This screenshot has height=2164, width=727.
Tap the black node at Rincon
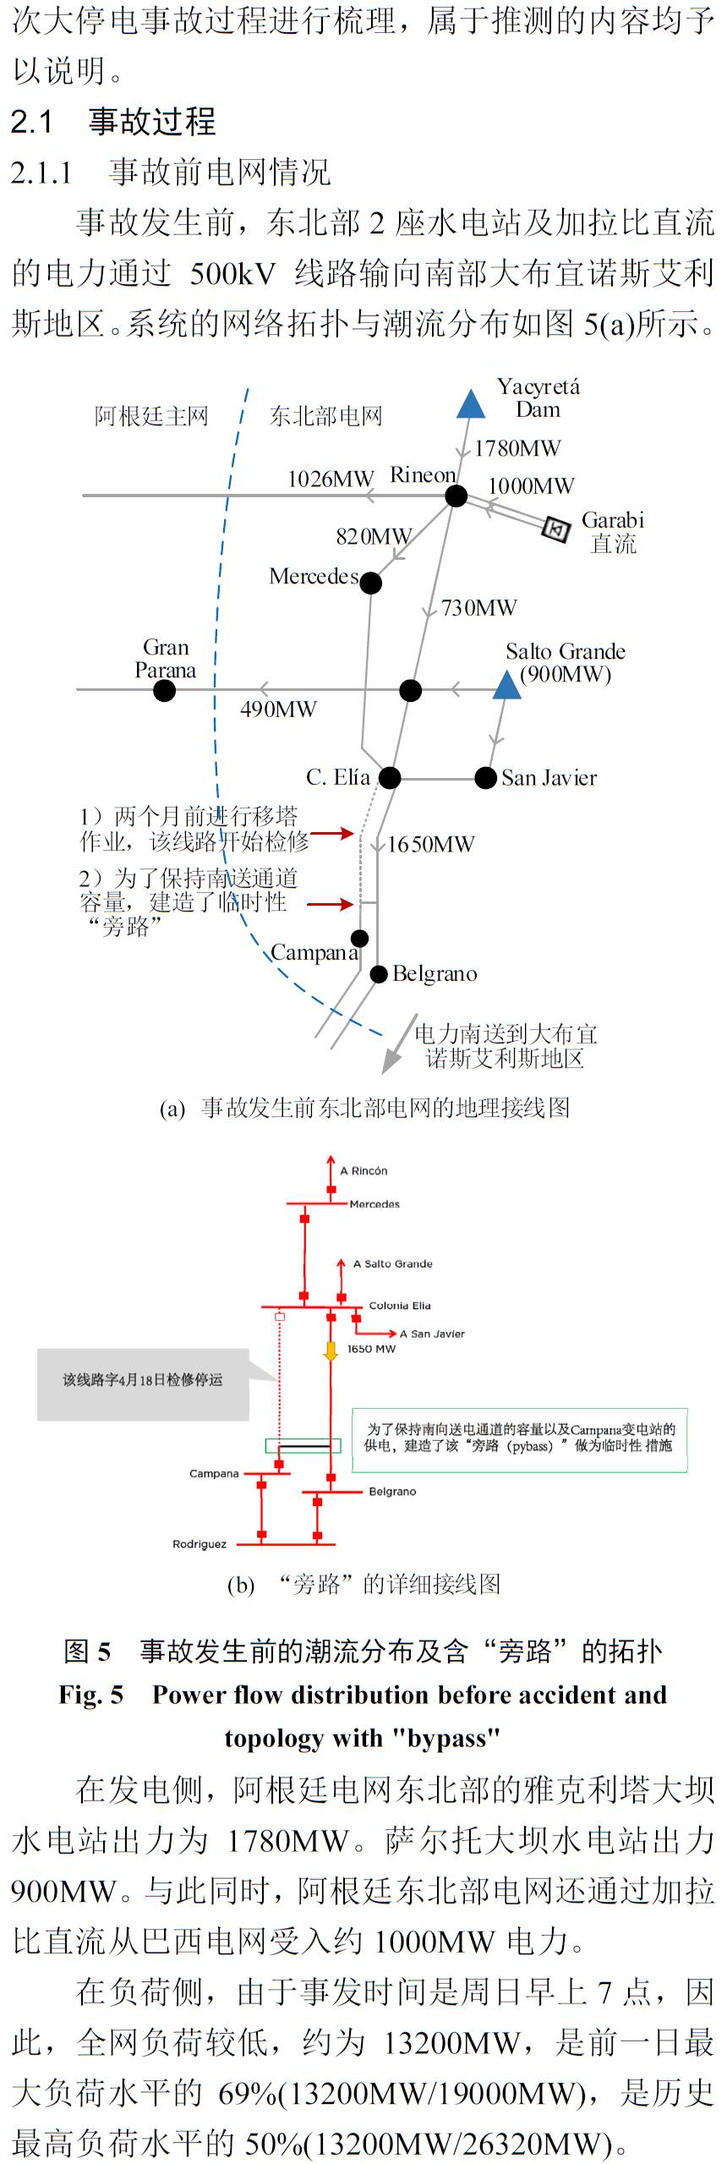pyautogui.click(x=456, y=496)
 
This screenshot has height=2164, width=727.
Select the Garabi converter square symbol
pyautogui.click(x=555, y=529)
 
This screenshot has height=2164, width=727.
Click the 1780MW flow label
pyautogui.click(x=517, y=448)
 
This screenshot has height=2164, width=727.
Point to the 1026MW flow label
pyautogui.click(x=331, y=479)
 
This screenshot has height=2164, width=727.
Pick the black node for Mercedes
pyautogui.click(x=371, y=583)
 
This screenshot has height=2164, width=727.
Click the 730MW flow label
pyautogui.click(x=479, y=607)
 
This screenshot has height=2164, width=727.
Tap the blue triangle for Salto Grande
pyautogui.click(x=506, y=686)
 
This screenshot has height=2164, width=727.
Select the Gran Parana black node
pyautogui.click(x=165, y=690)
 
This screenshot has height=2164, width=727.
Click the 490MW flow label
pyautogui.click(x=278, y=709)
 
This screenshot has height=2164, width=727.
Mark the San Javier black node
pyautogui.click(x=486, y=778)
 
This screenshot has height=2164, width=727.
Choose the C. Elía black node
pyautogui.click(x=390, y=778)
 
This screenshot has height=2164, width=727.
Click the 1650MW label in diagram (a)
pyautogui.click(x=431, y=844)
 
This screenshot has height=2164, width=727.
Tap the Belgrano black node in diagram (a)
pyautogui.click(x=379, y=974)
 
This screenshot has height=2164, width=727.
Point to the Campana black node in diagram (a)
pyautogui.click(x=360, y=939)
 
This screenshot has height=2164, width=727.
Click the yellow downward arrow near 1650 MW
pyautogui.click(x=331, y=1350)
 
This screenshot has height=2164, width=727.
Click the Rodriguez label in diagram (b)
pyautogui.click(x=200, y=1544)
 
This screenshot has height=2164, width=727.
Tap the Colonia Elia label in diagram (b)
pyautogui.click(x=400, y=1306)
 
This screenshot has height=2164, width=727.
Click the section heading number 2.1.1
pyautogui.click(x=41, y=173)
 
